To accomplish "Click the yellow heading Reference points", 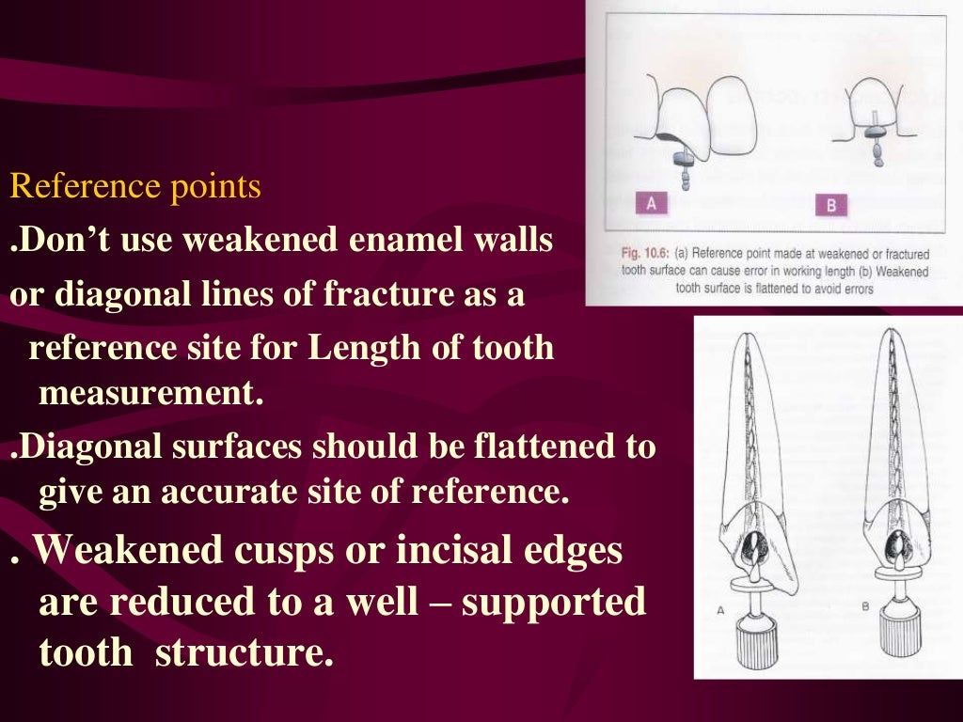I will pos(135,187).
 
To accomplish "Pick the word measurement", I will pos(148,393).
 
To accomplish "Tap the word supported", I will pos(553,602).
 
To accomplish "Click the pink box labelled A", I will pos(652,204).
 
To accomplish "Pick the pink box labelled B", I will pos(831,205).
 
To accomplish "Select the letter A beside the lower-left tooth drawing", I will pos(719,609).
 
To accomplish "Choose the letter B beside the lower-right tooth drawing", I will pos(864,608).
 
